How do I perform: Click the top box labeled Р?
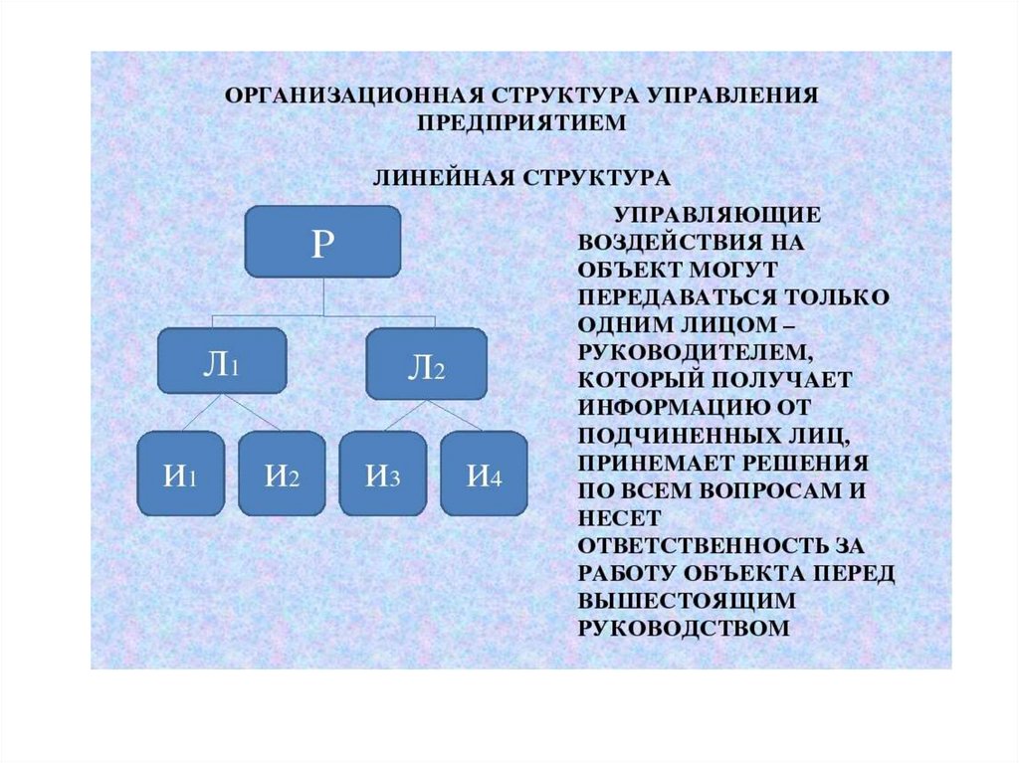(x=321, y=241)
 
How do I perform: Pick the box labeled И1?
(x=179, y=473)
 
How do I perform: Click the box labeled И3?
(x=382, y=473)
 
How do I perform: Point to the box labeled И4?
(x=484, y=473)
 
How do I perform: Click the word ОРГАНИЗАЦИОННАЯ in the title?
(x=353, y=96)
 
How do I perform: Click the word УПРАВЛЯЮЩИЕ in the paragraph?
(x=714, y=214)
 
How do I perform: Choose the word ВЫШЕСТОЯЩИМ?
(x=673, y=601)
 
